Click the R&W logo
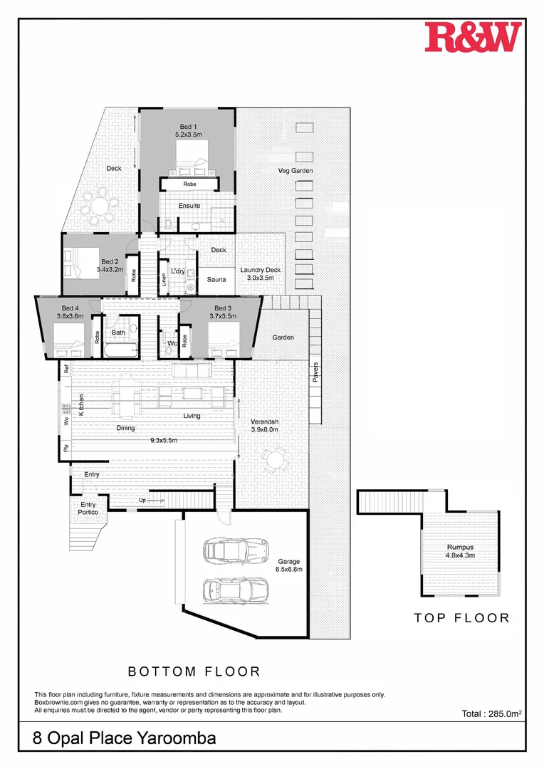pyautogui.click(x=473, y=37)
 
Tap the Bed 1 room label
pyautogui.click(x=189, y=130)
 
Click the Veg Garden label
pyautogui.click(x=295, y=171)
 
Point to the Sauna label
pyautogui.click(x=216, y=280)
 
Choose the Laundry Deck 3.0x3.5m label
pyautogui.click(x=260, y=274)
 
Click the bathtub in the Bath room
pyautogui.click(x=121, y=350)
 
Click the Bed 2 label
pyautogui.click(x=110, y=266)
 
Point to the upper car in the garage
pyautogui.click(x=234, y=550)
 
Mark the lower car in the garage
pyautogui.click(x=234, y=588)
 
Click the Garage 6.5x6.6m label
pyautogui.click(x=289, y=565)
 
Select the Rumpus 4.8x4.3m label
pyautogui.click(x=459, y=551)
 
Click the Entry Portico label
pyautogui.click(x=88, y=508)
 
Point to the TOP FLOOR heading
pyautogui.click(x=461, y=618)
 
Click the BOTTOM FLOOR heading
pyautogui.click(x=194, y=671)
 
